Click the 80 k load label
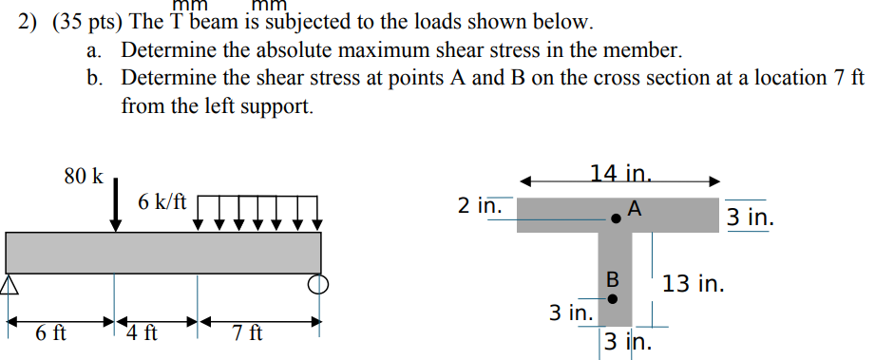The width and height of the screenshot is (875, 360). [x=83, y=176]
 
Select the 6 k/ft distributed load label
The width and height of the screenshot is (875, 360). [x=162, y=202]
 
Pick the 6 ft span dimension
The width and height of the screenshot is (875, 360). [x=50, y=333]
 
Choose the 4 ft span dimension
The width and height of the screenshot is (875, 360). [x=143, y=333]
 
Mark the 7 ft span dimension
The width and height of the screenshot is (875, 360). [x=248, y=333]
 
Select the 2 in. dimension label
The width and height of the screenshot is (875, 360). [x=476, y=205]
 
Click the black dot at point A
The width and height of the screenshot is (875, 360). [x=617, y=218]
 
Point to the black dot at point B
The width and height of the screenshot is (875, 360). [x=612, y=298]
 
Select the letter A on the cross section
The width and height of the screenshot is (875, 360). [x=635, y=206]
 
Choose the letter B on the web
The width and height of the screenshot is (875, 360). [x=613, y=280]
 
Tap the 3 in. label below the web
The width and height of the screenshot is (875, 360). [x=627, y=342]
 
